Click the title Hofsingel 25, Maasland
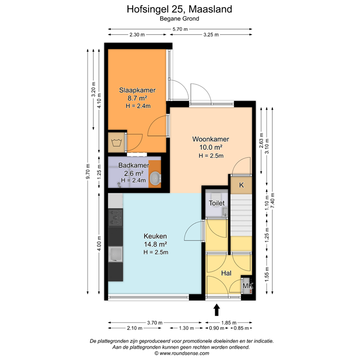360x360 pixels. [x=180, y=9]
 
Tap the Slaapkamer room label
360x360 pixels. [x=137, y=90]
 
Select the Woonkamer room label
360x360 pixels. [x=210, y=139]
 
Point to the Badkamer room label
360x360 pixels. [x=134, y=165]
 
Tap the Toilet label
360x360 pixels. [x=217, y=203]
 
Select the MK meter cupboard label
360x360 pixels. [x=247, y=285]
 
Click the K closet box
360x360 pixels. [x=241, y=185]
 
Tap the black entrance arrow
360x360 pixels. [x=217, y=310]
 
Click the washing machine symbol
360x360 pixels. [x=116, y=142]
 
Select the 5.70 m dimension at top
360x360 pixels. [x=180, y=29]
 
